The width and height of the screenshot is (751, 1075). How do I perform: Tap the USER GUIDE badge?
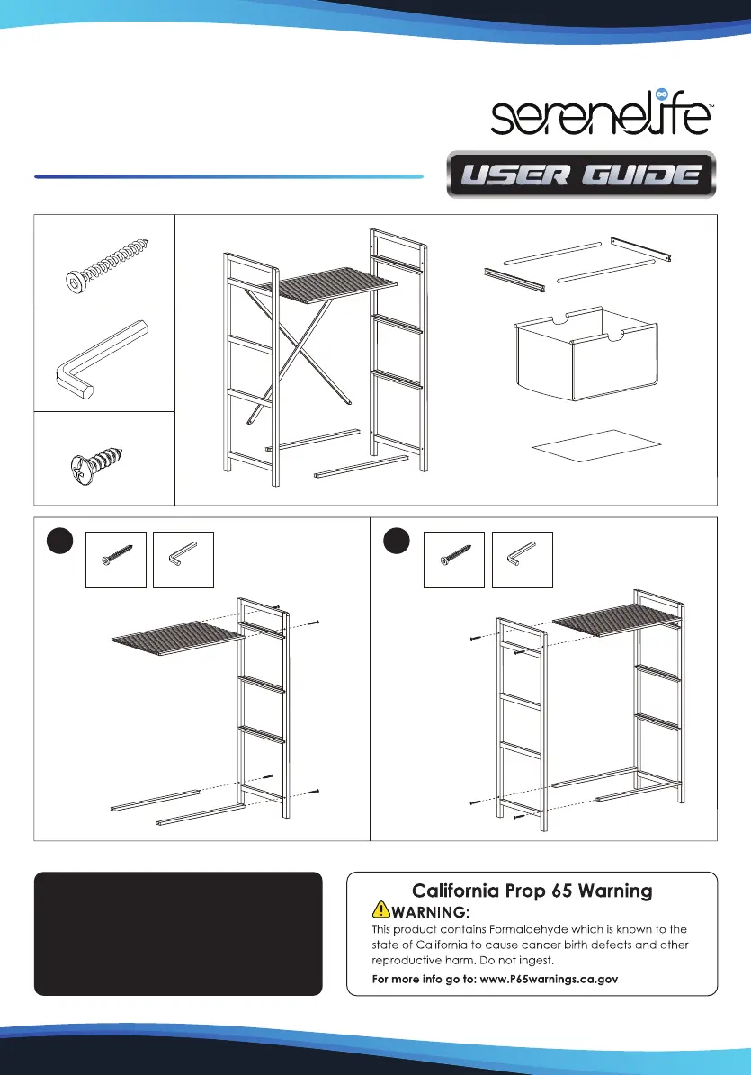581,175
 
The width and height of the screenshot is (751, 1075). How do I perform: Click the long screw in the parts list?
107,265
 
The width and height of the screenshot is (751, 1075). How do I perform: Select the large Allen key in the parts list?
102,359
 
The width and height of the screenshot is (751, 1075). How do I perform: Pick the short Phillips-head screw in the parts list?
97,462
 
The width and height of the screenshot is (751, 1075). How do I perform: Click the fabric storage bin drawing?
586,354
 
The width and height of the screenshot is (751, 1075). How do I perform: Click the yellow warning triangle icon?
381,909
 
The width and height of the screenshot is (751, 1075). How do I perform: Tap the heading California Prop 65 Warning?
532,891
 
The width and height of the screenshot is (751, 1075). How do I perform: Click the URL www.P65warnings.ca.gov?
549,979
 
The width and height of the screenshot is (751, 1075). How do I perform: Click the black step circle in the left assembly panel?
59,541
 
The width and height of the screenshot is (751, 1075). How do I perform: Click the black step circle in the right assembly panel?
396,541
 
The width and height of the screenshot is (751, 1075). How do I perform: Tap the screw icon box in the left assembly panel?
116,560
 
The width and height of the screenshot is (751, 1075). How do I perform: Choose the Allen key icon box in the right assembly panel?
523,560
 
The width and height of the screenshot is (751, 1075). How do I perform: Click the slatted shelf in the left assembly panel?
178,639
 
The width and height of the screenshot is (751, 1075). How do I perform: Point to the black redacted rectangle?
178,934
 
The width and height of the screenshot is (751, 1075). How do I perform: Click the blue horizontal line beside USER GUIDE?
228,177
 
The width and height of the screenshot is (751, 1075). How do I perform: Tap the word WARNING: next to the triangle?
430,912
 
